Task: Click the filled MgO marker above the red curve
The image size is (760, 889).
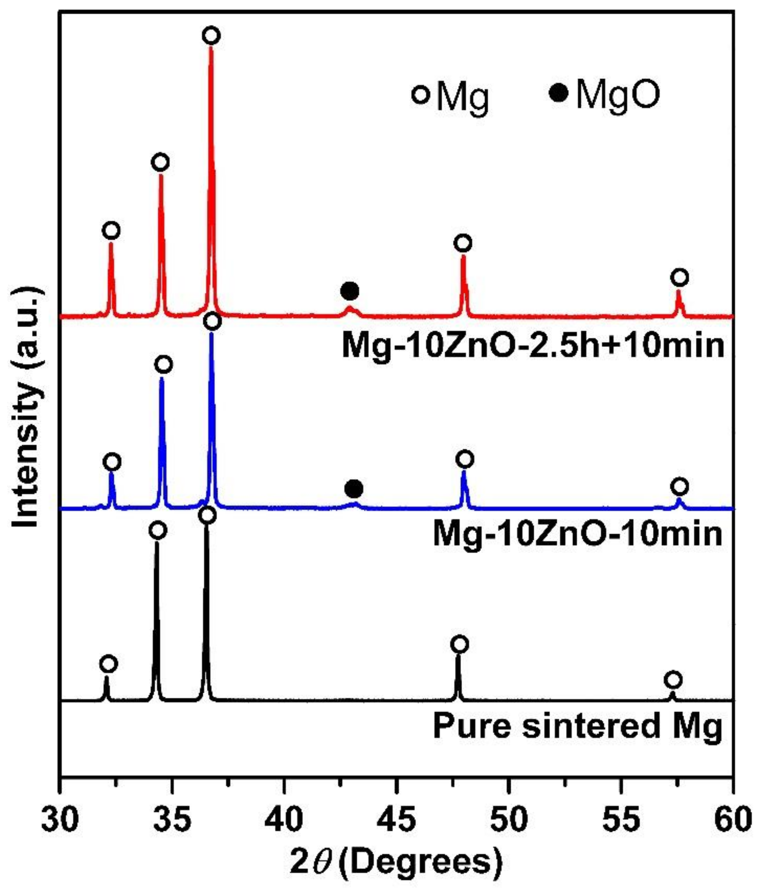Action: (350, 291)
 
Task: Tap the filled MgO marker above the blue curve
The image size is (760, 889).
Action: (354, 488)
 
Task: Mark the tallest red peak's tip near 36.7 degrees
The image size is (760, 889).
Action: (210, 48)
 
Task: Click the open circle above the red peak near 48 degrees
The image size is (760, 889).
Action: (463, 243)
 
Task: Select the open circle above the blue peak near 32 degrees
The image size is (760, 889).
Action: (112, 462)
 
